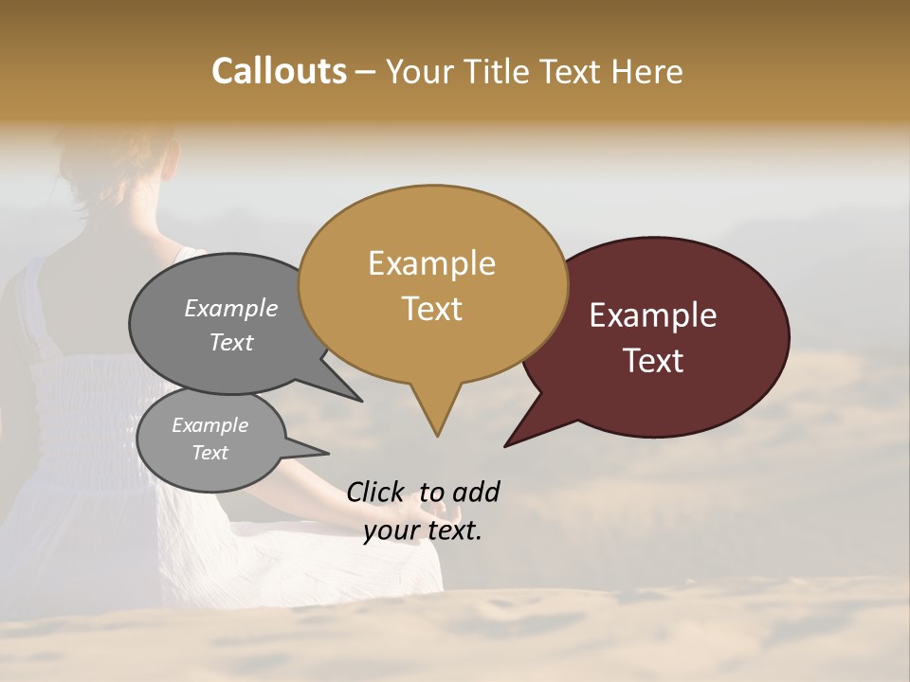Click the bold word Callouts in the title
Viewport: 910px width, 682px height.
[x=279, y=71]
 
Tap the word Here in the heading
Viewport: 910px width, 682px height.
[x=646, y=71]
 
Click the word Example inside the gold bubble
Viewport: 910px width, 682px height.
[x=431, y=263]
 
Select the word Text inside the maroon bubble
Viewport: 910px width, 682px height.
[x=654, y=361]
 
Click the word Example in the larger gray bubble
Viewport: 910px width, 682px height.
[x=230, y=308]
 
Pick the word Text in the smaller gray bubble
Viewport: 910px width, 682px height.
[x=209, y=453]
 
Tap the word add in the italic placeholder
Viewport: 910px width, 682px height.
[x=475, y=492]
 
